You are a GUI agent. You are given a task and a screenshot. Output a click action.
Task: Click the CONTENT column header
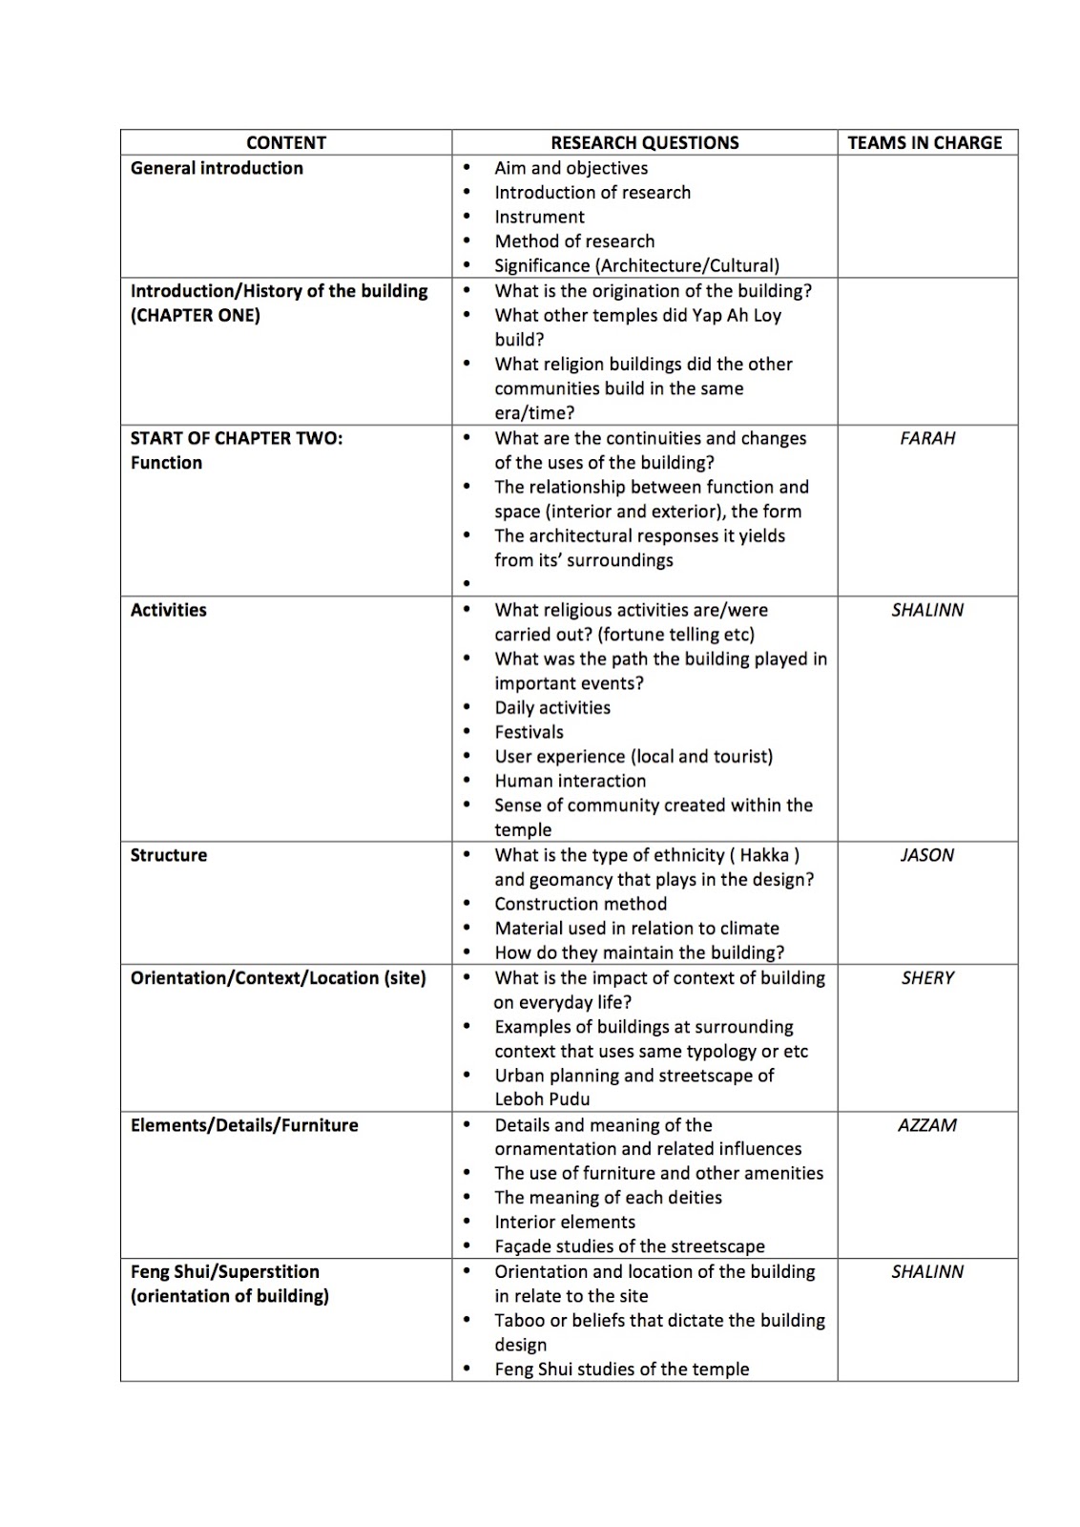[285, 143]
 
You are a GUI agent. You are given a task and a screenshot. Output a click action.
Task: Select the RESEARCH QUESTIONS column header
[644, 143]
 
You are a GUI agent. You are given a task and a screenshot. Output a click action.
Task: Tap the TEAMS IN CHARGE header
[924, 143]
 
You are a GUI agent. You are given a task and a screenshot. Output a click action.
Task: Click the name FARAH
[927, 438]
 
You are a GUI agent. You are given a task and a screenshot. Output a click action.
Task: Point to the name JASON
[927, 855]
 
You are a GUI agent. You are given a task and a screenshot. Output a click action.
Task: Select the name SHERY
[927, 978]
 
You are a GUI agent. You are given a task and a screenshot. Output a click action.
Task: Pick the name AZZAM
[927, 1125]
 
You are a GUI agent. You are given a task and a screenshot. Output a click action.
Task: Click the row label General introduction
[217, 168]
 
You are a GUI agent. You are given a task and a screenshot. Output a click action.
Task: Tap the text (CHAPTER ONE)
[195, 316]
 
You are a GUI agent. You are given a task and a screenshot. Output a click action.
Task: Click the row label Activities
[168, 610]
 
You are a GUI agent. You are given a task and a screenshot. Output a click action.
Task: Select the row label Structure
[168, 855]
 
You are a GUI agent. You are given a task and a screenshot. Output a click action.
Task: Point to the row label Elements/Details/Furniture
[244, 1125]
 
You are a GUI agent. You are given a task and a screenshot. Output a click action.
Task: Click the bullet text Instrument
[539, 217]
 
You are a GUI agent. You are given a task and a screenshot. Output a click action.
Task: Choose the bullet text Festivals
[529, 732]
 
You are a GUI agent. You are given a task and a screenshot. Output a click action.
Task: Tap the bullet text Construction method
[580, 904]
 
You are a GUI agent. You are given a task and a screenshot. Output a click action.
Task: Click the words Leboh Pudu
[542, 1099]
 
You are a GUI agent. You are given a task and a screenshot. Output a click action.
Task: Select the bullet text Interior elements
[564, 1223]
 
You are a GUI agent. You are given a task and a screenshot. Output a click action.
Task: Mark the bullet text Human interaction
[570, 781]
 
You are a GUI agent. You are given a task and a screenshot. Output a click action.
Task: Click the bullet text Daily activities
[551, 708]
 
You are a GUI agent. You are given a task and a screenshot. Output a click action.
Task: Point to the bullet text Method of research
[574, 241]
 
